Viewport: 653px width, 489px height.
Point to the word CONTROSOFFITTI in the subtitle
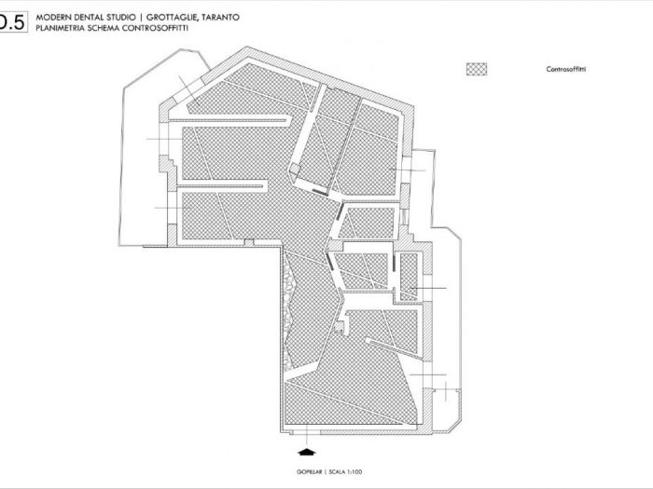[x=146, y=28]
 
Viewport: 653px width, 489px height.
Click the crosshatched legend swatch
[x=478, y=69]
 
